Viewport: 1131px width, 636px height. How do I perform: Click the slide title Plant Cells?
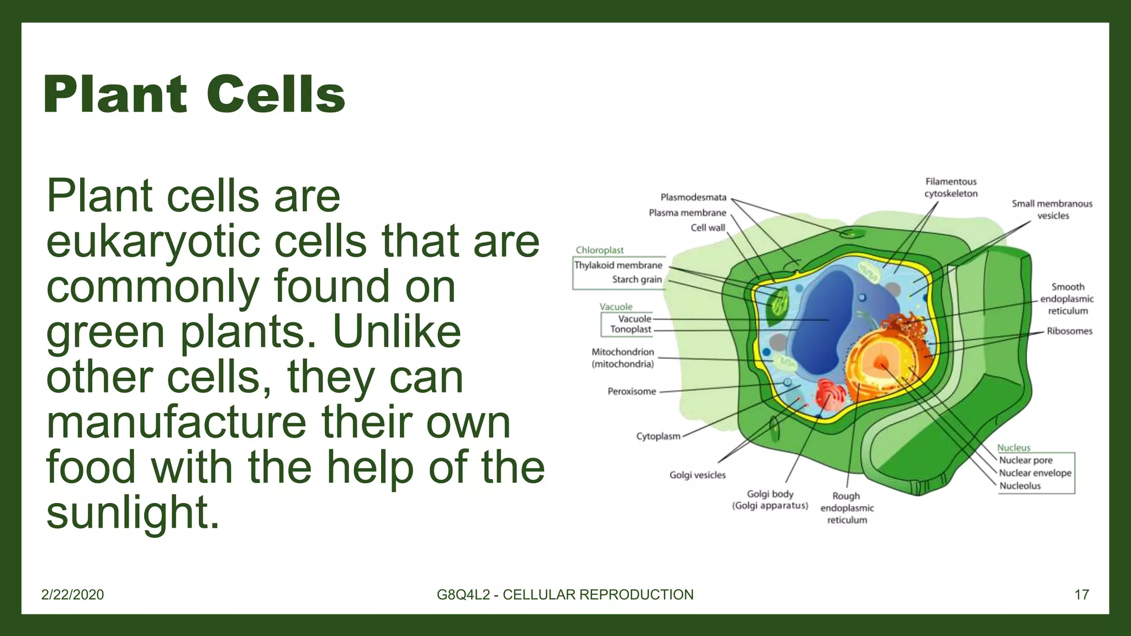tap(194, 94)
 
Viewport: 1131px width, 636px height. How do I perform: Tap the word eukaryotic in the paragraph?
tap(152, 241)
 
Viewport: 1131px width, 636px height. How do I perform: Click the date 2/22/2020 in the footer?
tap(72, 595)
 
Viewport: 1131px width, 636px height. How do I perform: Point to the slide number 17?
tap(1081, 595)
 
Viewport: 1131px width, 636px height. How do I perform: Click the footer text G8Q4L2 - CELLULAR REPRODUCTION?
tap(565, 595)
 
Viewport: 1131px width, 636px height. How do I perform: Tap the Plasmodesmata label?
tap(693, 197)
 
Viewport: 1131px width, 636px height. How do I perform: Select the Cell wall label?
tap(707, 227)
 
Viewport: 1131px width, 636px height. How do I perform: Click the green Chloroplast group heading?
tap(599, 250)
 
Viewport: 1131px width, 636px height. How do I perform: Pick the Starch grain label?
tap(636, 279)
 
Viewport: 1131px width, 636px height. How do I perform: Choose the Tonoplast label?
tap(630, 330)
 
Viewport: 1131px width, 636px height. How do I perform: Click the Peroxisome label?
tap(631, 391)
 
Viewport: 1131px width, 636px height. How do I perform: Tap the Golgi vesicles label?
tap(697, 475)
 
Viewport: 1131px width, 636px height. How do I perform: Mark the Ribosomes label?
tap(1069, 331)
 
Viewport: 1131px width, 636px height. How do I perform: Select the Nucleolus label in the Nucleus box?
tap(1019, 486)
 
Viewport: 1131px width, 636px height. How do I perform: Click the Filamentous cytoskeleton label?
tap(950, 188)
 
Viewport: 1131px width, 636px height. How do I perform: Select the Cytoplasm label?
tap(658, 436)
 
